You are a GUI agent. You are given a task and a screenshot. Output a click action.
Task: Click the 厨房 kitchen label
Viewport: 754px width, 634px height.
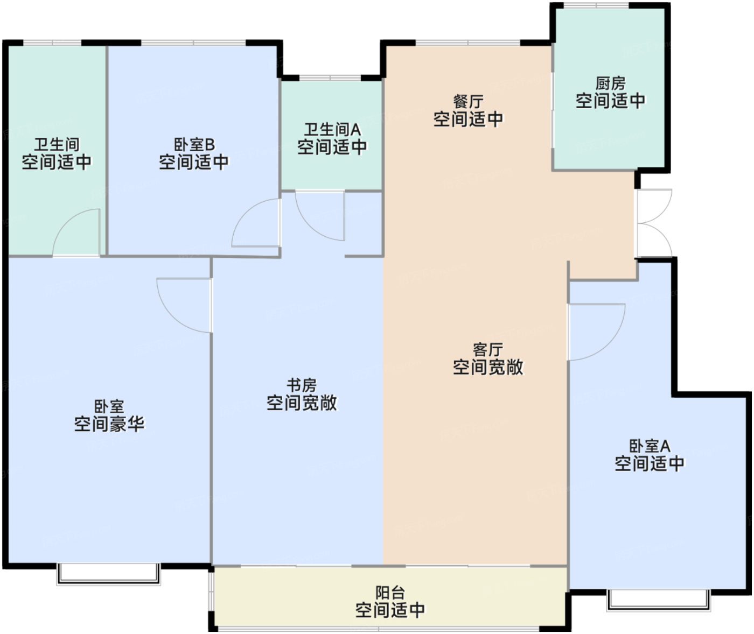coord(610,84)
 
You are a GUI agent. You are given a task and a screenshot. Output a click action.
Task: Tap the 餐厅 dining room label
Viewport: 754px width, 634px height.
coord(469,102)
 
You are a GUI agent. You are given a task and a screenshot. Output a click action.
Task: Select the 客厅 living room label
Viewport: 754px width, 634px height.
coord(488,350)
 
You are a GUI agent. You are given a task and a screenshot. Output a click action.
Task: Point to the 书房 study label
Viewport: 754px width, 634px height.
coord(302,385)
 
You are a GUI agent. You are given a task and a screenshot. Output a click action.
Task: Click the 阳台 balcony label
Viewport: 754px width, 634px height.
coord(390,593)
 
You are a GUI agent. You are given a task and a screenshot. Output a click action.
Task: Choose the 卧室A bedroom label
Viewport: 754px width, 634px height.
coord(650,446)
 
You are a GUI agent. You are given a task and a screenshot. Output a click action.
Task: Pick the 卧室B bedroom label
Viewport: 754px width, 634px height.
coord(194,145)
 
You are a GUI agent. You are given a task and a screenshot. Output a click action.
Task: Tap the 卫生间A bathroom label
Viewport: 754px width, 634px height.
coord(332,130)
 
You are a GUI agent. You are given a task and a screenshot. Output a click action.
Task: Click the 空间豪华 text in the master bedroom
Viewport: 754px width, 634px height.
coord(109,424)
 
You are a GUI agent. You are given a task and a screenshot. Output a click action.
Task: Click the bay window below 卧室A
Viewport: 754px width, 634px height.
coord(659,600)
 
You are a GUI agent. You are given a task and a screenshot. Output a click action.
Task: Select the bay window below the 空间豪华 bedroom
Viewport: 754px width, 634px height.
coord(108,574)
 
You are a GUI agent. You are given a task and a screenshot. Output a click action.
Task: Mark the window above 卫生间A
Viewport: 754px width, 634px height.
coord(330,78)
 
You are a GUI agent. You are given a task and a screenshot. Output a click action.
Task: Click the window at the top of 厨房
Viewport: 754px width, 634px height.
coord(596,5)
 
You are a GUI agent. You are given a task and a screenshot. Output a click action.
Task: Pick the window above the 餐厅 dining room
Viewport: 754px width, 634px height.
coord(468,43)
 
